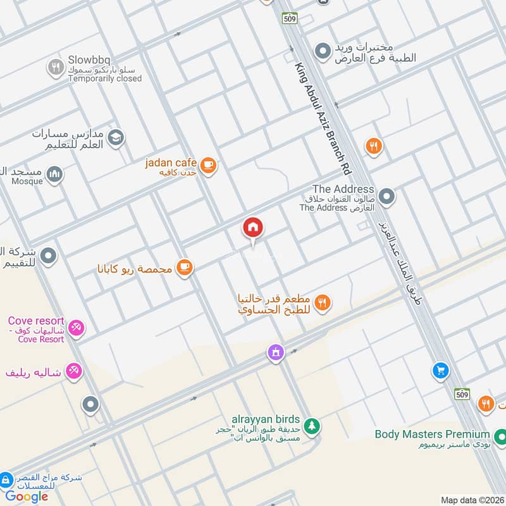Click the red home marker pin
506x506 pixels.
point(253,228)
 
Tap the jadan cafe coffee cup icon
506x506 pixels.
point(208,166)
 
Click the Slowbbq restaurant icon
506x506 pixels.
point(56,66)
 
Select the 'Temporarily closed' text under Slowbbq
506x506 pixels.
point(105,79)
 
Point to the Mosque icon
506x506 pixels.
point(55,173)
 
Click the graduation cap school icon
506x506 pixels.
point(116,137)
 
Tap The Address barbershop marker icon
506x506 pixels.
point(386,197)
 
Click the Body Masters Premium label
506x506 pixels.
point(432,434)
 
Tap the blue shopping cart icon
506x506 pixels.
point(440,371)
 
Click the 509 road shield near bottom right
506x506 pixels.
point(463,394)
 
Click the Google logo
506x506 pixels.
point(27,497)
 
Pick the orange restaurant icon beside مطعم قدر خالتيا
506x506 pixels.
point(323,304)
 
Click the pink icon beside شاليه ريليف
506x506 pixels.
point(74,371)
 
